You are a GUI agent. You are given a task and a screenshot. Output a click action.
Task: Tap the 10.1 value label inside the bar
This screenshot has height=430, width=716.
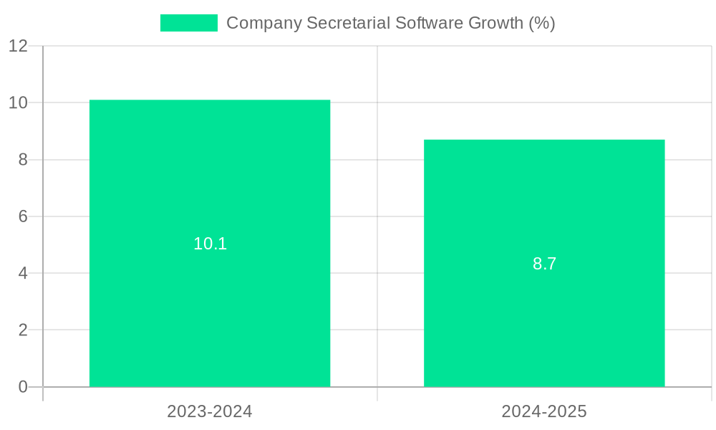[210, 244]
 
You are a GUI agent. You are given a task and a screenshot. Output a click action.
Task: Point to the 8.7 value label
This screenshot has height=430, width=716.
[544, 264]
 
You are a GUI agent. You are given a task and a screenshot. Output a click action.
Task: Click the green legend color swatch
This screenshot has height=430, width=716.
[188, 23]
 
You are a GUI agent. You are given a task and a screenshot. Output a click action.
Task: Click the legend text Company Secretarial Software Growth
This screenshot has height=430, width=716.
[390, 23]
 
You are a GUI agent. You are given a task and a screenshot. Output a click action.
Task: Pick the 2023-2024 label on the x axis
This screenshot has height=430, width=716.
[210, 411]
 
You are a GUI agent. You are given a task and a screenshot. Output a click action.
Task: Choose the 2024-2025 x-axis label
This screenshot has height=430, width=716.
[544, 411]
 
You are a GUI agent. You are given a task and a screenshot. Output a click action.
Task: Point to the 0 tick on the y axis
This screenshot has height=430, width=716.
[23, 387]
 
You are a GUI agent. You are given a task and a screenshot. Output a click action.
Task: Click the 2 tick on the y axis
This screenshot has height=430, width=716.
[23, 330]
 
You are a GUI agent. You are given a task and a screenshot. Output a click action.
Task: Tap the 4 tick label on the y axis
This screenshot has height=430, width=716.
[23, 273]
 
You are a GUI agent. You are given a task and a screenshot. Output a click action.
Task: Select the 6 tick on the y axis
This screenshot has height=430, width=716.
[23, 216]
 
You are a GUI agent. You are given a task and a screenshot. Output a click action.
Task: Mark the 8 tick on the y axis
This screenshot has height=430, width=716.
[23, 160]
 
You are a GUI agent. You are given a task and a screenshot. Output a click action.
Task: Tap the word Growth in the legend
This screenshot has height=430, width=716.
[495, 23]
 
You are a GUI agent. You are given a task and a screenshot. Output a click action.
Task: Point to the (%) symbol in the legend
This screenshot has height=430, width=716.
[542, 23]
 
